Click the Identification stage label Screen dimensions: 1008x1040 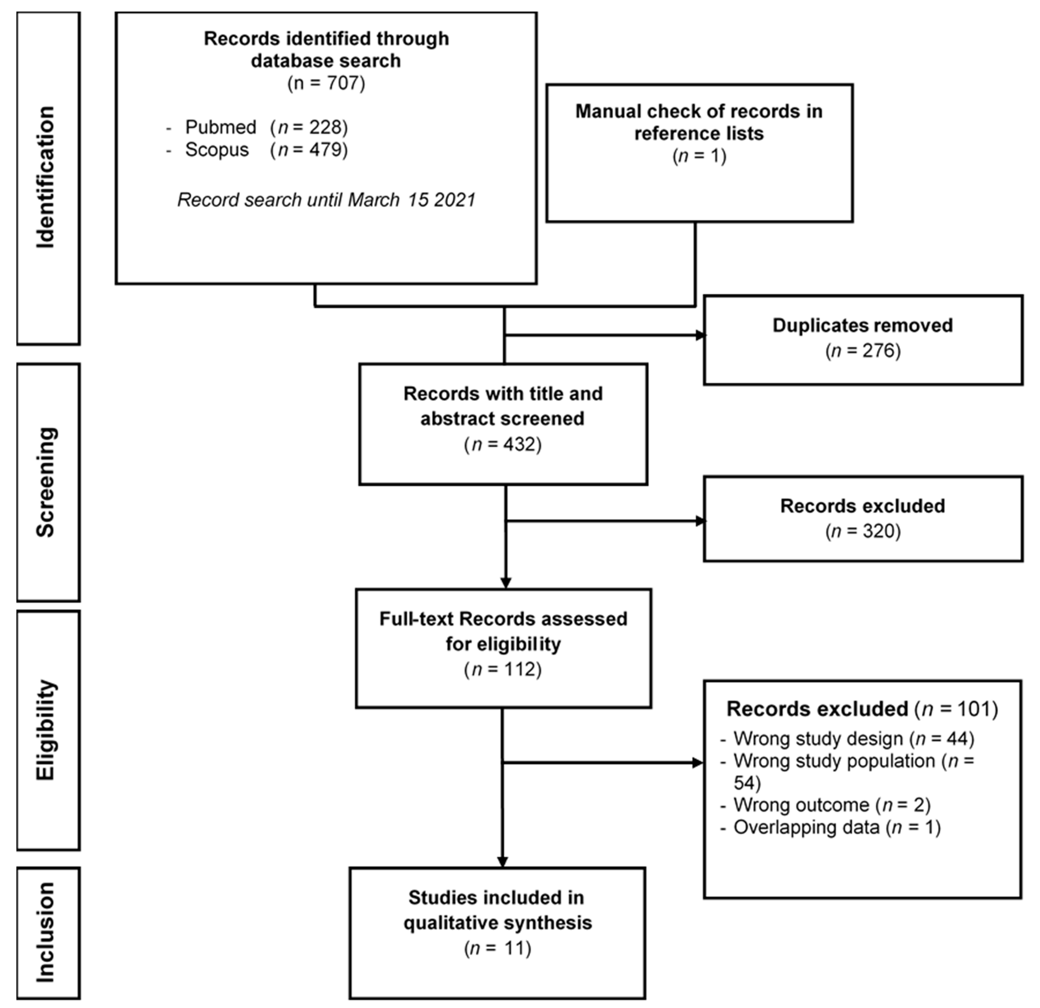[46, 177]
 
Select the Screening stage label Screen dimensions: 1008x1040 [46, 482]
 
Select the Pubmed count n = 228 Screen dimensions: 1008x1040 [309, 127]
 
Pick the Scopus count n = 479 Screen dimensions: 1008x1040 [309, 150]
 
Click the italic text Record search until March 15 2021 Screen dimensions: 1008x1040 [326, 200]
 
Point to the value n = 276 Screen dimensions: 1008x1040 [863, 350]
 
